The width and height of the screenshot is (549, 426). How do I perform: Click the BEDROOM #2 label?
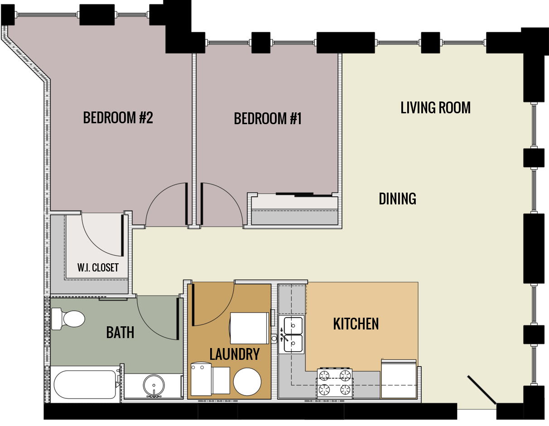118,118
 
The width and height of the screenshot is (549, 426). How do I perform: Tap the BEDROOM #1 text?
268,119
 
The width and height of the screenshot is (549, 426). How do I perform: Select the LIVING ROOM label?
435,108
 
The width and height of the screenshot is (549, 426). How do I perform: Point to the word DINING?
397,198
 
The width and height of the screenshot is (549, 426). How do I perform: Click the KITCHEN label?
356,324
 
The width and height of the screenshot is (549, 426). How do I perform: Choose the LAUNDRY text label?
234,354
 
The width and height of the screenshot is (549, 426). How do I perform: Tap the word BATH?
120,333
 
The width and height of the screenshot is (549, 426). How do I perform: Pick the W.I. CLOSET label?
98,267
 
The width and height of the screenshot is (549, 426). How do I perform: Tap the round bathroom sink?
154,386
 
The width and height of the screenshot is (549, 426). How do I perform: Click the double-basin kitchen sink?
293,335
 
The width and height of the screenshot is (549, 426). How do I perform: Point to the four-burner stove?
335,382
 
